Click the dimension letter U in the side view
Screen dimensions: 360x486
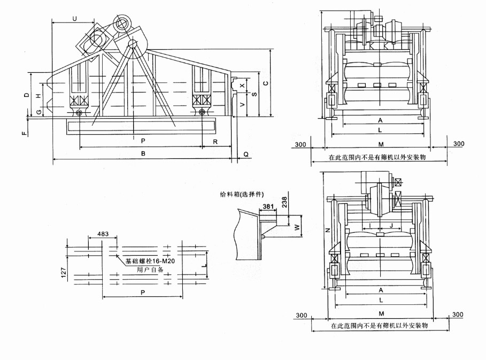coord(74,18)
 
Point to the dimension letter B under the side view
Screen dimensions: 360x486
coord(143,154)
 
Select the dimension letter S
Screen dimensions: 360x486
coord(253,94)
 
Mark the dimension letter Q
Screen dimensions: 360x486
coord(245,154)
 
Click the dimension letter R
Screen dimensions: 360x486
coord(215,142)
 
